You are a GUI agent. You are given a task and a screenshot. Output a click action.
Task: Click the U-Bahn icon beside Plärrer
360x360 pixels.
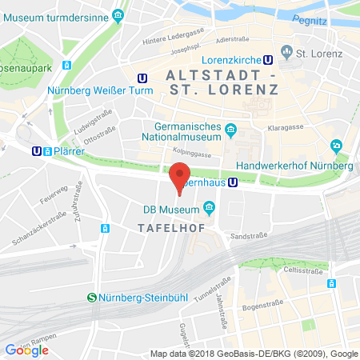(x=37, y=150)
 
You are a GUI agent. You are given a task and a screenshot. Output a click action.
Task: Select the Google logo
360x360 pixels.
(x=27, y=350)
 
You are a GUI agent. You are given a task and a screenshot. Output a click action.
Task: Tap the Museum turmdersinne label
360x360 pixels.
(x=67, y=14)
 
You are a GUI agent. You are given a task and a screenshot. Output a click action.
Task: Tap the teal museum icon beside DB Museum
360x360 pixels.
(x=210, y=210)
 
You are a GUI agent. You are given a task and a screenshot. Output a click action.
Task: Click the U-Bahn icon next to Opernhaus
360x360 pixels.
(x=233, y=182)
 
